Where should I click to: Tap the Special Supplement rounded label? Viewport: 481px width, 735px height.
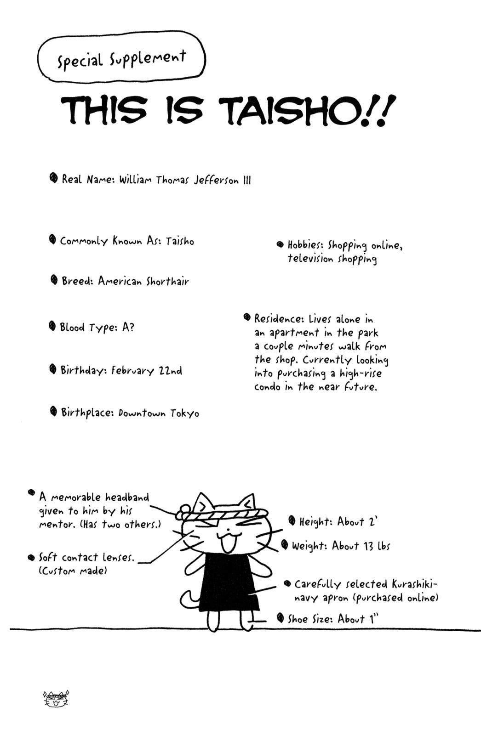click(121, 58)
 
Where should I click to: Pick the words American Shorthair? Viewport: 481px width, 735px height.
click(143, 281)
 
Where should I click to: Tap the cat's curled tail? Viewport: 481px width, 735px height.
click(188, 599)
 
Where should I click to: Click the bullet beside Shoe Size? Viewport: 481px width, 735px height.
click(280, 618)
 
